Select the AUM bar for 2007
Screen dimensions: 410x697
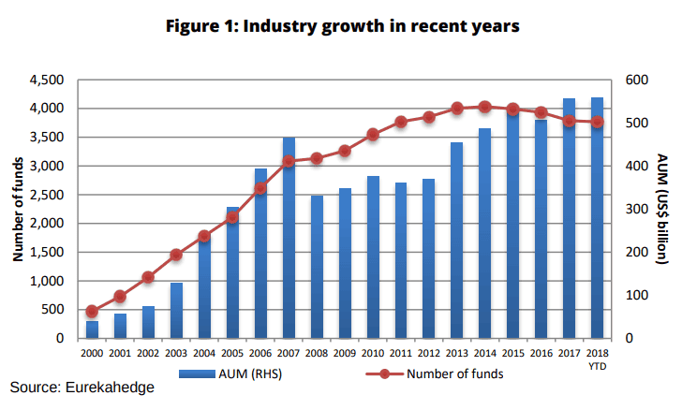coord(289,238)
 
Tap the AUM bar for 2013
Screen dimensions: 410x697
coord(456,240)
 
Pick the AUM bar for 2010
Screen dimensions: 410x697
coord(373,256)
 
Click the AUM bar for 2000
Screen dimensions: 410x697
coord(92,329)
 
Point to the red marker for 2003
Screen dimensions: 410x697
coord(176,255)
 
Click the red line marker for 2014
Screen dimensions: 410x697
coord(484,107)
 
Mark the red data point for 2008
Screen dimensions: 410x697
coord(317,158)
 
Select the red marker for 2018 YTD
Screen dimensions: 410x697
coord(597,122)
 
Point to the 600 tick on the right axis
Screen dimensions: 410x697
coord(635,81)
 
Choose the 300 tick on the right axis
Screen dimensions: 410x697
coord(635,210)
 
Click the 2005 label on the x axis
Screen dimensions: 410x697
coord(232,354)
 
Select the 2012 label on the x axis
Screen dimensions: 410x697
coord(428,354)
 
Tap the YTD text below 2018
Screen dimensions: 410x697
coord(597,365)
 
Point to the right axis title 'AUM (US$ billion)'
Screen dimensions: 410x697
coord(663,209)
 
